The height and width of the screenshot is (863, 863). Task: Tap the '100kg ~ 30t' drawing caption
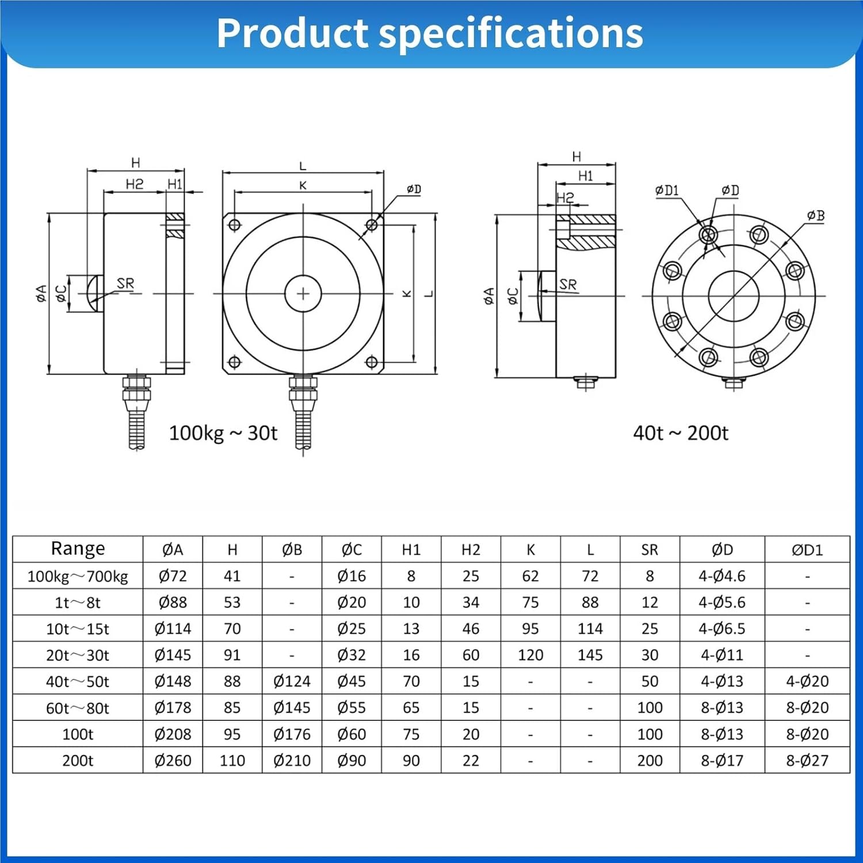[x=223, y=433]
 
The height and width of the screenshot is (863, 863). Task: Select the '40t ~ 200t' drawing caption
[x=681, y=433]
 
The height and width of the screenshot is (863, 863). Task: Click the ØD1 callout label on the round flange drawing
[x=667, y=190]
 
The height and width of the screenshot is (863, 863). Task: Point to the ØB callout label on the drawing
[x=816, y=216]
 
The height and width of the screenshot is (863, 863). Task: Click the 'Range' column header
[x=78, y=549]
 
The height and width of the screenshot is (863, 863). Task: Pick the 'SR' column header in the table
[x=650, y=550]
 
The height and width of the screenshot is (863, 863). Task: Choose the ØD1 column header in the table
[x=807, y=550]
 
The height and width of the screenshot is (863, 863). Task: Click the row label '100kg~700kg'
[x=78, y=576]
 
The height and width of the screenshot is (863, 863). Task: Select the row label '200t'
[x=78, y=761]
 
